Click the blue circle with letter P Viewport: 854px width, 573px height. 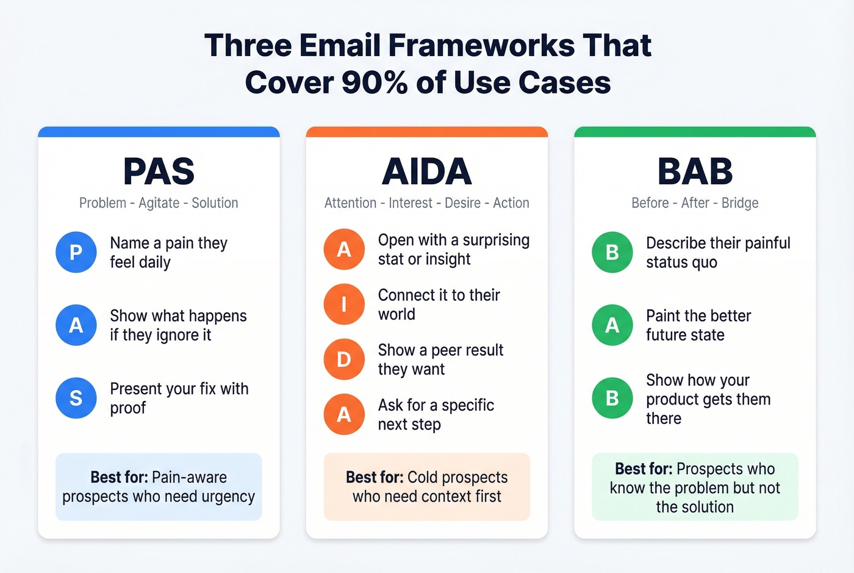(76, 252)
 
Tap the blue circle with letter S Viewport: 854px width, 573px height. (76, 398)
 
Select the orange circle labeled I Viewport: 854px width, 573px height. (344, 304)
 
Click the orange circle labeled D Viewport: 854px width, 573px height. (344, 359)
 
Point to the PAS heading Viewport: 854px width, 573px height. (159, 171)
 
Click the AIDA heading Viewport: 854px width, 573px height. (426, 171)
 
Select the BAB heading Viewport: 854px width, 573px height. (695, 171)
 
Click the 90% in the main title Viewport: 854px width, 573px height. (375, 82)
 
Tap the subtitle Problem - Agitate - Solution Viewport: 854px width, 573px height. (159, 203)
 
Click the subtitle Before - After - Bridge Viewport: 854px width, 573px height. (695, 203)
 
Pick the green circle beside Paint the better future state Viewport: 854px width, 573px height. (612, 325)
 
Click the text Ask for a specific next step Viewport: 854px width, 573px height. (436, 414)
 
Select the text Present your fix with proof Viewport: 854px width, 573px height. (179, 398)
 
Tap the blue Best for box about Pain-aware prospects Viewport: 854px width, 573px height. (159, 486)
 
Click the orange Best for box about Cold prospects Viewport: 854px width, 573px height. (426, 486)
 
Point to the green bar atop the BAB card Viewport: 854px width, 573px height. (695, 132)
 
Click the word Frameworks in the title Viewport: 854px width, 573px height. (481, 46)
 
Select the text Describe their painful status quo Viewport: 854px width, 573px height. (717, 252)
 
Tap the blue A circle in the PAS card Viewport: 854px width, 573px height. (76, 325)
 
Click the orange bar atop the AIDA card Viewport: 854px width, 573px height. (426, 132)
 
